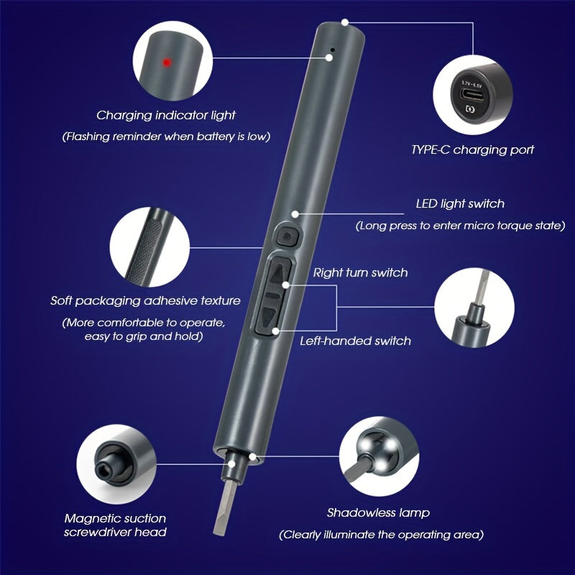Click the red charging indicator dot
(x=167, y=63)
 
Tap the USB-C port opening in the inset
(x=472, y=94)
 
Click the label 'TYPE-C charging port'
(x=472, y=149)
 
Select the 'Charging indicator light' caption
(x=166, y=116)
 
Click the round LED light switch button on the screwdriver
(x=287, y=236)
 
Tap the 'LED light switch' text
(x=460, y=204)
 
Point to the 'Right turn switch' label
(x=360, y=272)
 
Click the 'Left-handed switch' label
(x=355, y=341)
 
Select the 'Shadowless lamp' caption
(x=378, y=512)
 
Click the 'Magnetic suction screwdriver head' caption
(x=115, y=525)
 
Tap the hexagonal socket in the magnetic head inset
(x=103, y=467)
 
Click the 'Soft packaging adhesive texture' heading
(x=146, y=300)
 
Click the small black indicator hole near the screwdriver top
(x=333, y=49)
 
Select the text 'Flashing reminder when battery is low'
(x=166, y=137)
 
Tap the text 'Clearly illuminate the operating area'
(x=382, y=535)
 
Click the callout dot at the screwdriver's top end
(x=345, y=22)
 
